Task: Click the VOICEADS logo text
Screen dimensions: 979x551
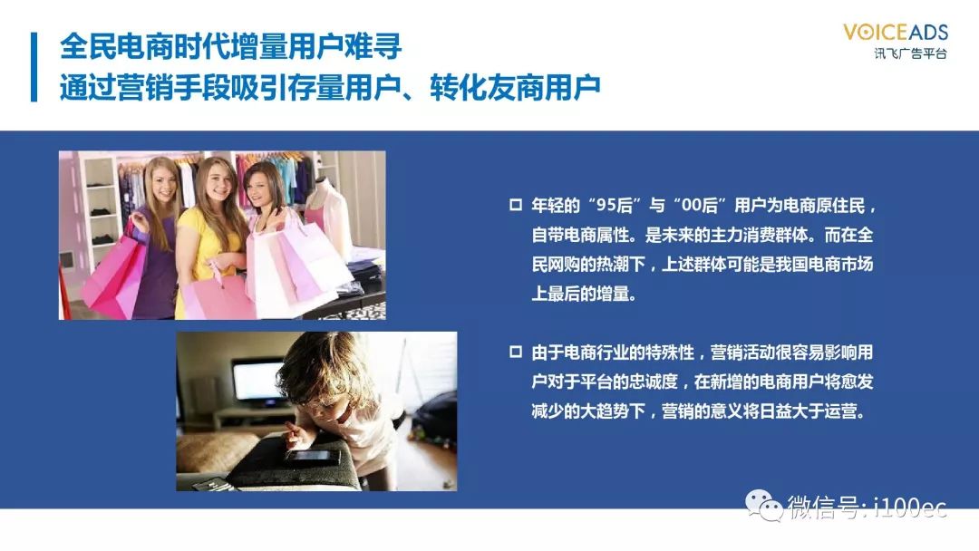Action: [x=896, y=32]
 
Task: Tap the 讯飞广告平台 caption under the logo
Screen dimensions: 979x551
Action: [x=910, y=53]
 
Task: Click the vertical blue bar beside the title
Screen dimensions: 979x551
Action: [x=34, y=67]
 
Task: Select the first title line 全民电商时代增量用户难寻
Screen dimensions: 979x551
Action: [x=231, y=47]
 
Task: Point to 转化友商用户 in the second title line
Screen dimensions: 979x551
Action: [x=515, y=87]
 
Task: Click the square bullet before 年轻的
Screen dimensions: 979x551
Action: [x=516, y=205]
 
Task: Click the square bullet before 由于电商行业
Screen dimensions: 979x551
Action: [x=516, y=352]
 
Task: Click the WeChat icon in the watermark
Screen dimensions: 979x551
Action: [x=763, y=504]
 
